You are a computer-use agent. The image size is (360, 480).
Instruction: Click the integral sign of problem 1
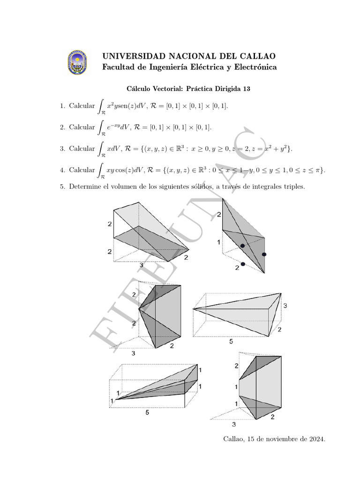(101, 106)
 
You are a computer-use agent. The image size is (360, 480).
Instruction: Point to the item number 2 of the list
(62, 127)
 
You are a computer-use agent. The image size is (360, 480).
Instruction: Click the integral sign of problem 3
(101, 149)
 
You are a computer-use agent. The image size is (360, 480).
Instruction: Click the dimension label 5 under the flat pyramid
(231, 342)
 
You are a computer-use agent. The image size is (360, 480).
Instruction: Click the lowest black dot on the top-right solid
(243, 264)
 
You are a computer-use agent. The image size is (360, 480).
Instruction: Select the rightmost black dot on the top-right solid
(264, 254)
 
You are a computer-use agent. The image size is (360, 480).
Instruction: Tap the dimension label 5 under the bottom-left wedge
(147, 413)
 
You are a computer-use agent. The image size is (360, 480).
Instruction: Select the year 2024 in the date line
(315, 439)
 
